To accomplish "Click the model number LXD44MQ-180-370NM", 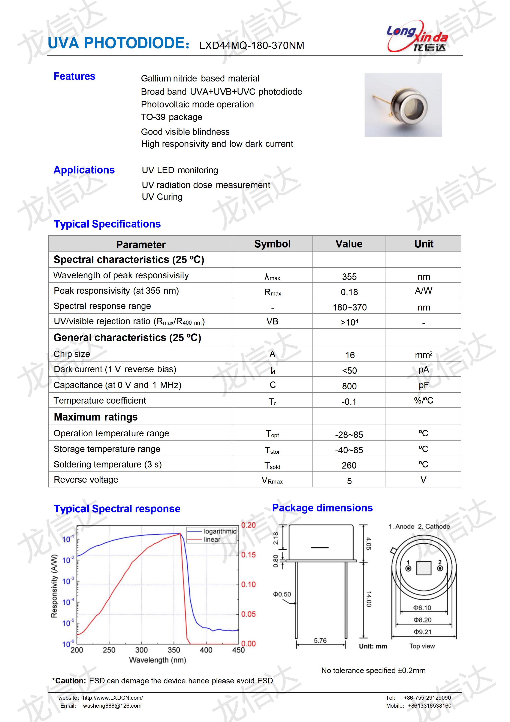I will [x=251, y=46].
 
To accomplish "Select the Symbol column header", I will [x=272, y=244].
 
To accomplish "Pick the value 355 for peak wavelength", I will [x=349, y=277].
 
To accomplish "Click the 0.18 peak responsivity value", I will [x=349, y=292].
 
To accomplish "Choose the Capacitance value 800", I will [x=349, y=386].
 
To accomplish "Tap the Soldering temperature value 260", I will [x=349, y=465].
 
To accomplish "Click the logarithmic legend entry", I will [x=220, y=531].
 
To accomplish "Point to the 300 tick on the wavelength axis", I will [x=141, y=650].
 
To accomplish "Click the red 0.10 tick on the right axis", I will [x=248, y=585].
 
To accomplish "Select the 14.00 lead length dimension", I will [x=369, y=599].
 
